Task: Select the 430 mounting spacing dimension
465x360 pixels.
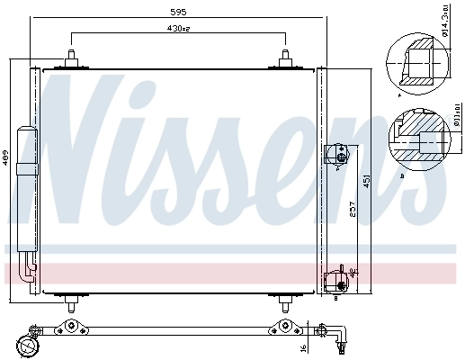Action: click(177, 29)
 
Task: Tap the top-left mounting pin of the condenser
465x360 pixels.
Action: click(69, 58)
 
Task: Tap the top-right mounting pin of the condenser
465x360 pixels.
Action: click(285, 58)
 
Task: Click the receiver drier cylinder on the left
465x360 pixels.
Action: click(28, 189)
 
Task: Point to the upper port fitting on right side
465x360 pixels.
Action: click(339, 154)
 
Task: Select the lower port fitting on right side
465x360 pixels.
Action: click(339, 278)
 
